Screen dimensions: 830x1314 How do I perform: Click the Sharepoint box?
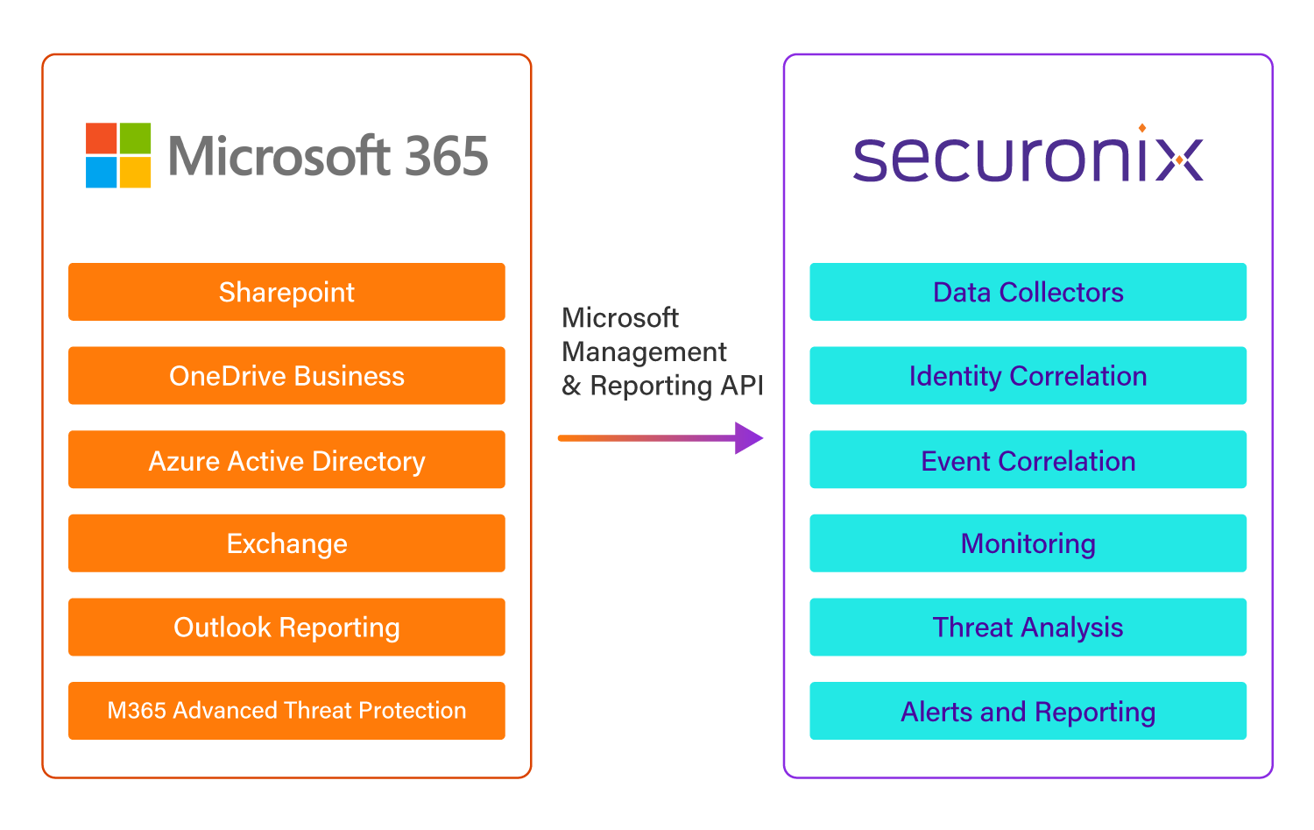286,292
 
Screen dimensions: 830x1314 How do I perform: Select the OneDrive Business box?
286,376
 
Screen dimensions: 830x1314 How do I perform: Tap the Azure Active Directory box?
286,460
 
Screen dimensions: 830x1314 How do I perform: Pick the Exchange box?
286,543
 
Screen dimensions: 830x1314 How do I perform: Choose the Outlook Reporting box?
286,628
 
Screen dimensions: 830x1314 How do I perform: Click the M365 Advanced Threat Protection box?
286,711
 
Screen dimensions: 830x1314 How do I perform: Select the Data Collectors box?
1028,292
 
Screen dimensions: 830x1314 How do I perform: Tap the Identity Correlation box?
1028,376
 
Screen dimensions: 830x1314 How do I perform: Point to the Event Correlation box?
1028,460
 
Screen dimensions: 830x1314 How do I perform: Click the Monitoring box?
1028,543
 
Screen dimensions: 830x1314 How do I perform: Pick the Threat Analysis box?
1028,628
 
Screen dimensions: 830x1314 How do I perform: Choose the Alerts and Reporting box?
1028,711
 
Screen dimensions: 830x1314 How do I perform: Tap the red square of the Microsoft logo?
101,138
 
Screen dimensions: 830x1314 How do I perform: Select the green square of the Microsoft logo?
135,138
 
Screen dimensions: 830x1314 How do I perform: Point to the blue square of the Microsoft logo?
101,172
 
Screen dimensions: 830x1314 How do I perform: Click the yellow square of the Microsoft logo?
135,172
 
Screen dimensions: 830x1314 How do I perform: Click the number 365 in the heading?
446,156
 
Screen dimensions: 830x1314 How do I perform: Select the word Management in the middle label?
644,352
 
